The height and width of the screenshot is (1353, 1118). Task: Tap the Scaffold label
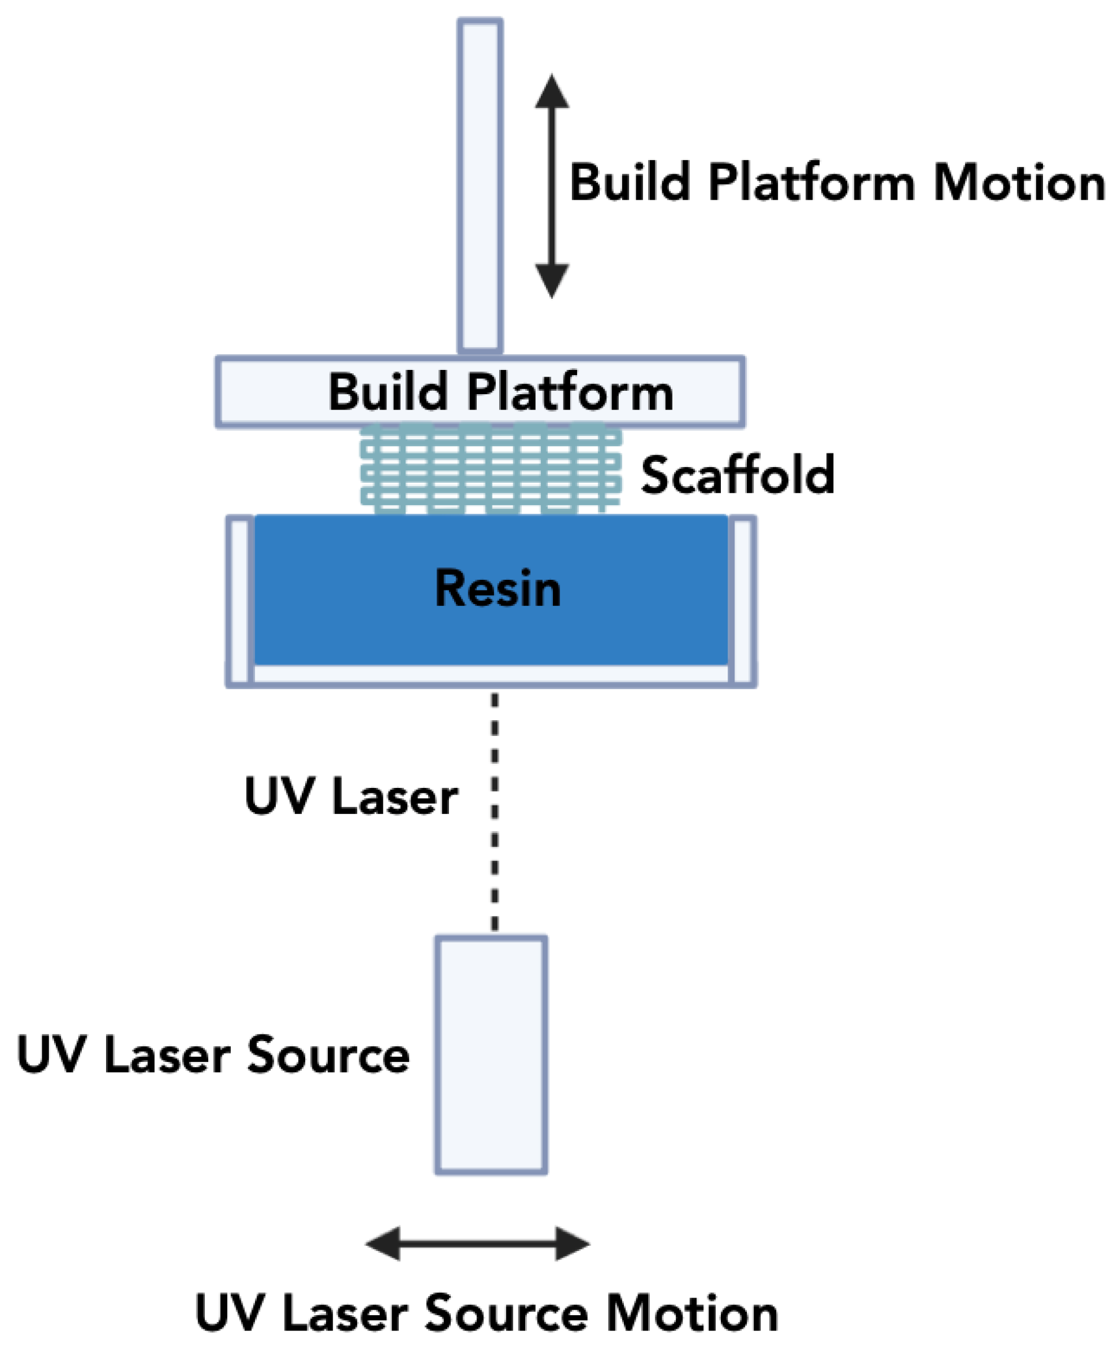(737, 475)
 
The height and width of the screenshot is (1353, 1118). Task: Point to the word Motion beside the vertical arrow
(1019, 183)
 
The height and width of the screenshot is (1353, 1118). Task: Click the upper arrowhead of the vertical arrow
(552, 94)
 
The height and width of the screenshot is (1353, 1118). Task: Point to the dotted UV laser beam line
(495, 812)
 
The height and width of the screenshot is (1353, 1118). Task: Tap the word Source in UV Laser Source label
(328, 1055)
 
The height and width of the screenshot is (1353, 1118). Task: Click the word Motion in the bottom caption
(692, 1314)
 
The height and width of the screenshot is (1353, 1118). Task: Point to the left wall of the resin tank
(240, 600)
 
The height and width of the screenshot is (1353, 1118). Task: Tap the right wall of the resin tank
(742, 600)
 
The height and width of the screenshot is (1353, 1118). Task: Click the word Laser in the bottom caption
(345, 1314)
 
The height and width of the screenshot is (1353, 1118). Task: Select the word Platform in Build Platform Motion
(812, 183)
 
